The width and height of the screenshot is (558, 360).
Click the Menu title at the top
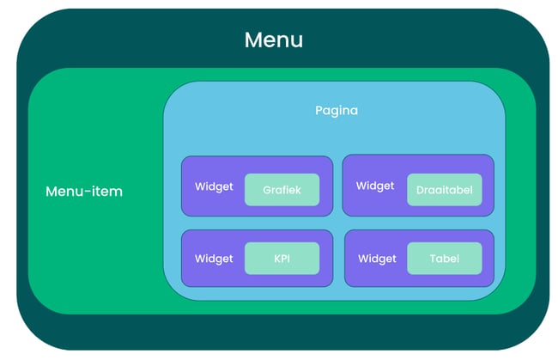click(274, 40)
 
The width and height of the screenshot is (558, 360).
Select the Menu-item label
click(84, 192)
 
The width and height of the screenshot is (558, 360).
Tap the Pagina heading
click(337, 111)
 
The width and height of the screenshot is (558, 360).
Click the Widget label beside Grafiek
click(214, 186)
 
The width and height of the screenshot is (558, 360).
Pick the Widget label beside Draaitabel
click(375, 186)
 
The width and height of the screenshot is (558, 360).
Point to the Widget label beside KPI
click(214, 259)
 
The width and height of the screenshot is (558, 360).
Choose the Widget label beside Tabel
click(377, 259)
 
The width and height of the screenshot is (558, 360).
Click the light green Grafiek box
click(282, 190)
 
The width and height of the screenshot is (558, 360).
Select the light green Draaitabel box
click(445, 190)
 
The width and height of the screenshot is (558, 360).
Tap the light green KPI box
click(282, 259)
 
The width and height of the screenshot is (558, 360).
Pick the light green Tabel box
click(445, 259)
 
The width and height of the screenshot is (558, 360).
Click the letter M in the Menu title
click(252, 40)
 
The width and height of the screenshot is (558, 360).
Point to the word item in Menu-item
click(107, 192)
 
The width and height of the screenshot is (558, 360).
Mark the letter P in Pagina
click(318, 110)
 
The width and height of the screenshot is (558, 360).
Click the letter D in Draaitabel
click(420, 190)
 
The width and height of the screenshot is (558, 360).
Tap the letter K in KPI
click(277, 259)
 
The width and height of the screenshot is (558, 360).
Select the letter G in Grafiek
click(267, 190)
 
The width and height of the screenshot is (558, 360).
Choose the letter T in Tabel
click(434, 259)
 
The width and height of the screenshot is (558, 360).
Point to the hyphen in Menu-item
click(88, 192)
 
